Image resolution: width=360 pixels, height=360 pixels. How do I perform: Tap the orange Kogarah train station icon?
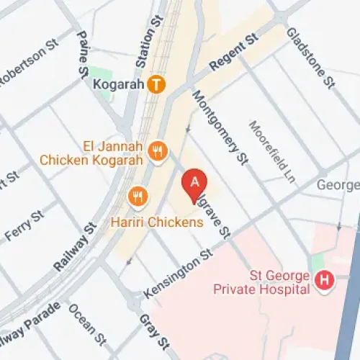pyautogui.click(x=156, y=84)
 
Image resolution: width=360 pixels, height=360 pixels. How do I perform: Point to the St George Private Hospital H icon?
pyautogui.click(x=324, y=281)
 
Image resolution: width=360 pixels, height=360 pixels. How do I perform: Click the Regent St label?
pyautogui.click(x=233, y=53)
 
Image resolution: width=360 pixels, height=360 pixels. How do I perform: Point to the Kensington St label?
pyautogui.click(x=179, y=275)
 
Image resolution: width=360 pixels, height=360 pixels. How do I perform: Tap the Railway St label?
pyautogui.click(x=76, y=247)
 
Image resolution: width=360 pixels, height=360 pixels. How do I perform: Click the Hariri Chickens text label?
pyautogui.click(x=157, y=222)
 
